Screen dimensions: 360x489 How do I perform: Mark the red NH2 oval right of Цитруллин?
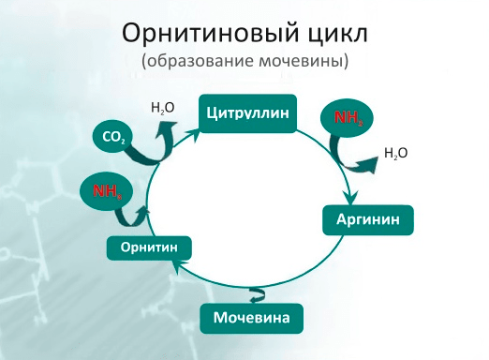(x=347, y=118)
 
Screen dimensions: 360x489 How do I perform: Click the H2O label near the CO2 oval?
(x=162, y=108)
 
